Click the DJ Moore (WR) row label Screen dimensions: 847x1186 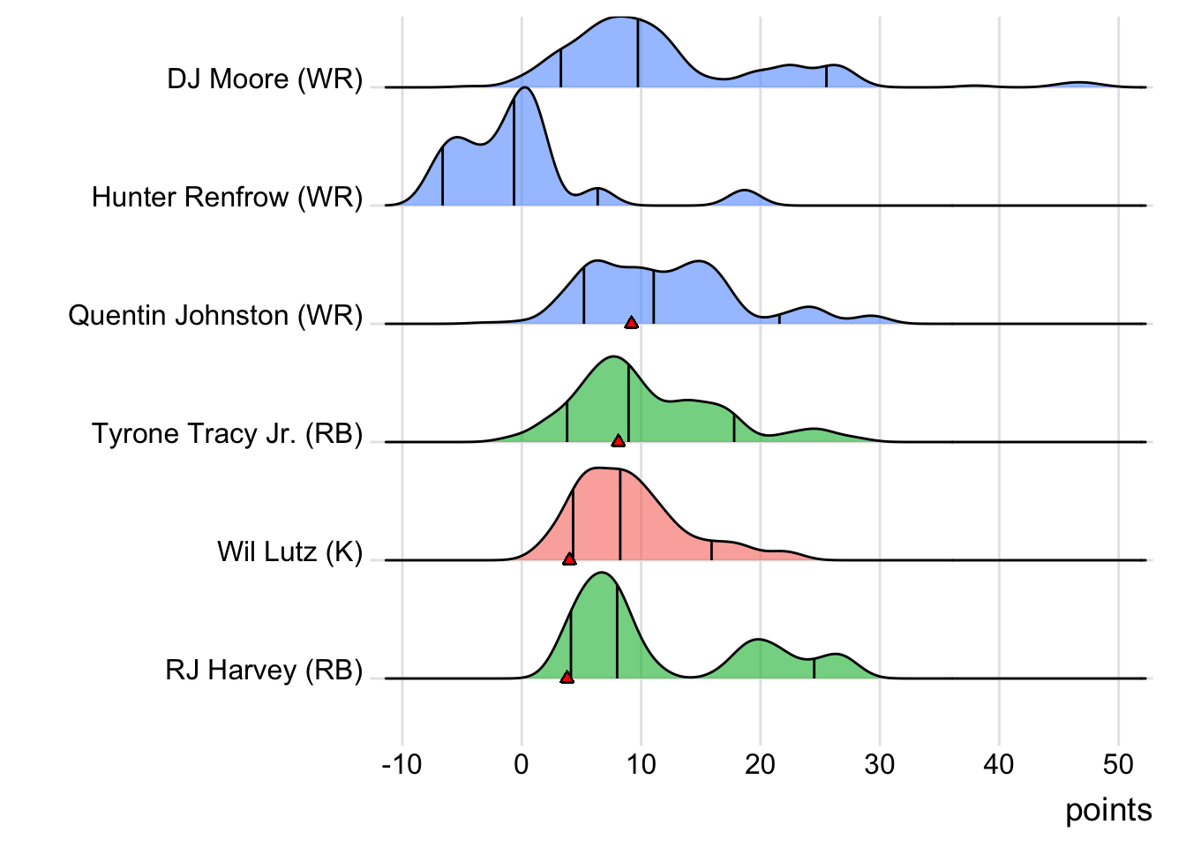click(265, 79)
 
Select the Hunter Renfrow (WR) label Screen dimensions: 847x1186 click(227, 197)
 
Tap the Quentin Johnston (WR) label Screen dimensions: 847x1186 click(215, 315)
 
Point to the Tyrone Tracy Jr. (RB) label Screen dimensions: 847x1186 click(227, 433)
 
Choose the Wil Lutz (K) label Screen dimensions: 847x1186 click(289, 551)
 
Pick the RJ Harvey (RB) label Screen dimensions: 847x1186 click(264, 670)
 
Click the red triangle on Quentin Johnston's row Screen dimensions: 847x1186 click(631, 322)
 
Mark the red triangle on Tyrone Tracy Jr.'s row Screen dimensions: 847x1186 click(618, 440)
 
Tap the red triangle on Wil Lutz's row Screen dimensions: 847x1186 click(569, 558)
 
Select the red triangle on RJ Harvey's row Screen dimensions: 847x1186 click(567, 677)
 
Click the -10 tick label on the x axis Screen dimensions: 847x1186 click(402, 764)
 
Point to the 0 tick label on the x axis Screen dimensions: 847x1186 click(522, 764)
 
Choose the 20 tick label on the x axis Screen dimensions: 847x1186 click(760, 764)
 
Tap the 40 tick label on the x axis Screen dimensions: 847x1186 click(999, 764)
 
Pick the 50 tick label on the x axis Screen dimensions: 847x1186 click(1118, 764)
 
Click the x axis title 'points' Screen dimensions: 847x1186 click(1108, 810)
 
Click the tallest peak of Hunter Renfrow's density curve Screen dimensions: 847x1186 click(524, 88)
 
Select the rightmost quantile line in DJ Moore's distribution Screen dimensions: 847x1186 click(826, 77)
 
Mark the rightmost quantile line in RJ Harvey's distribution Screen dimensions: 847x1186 click(814, 668)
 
